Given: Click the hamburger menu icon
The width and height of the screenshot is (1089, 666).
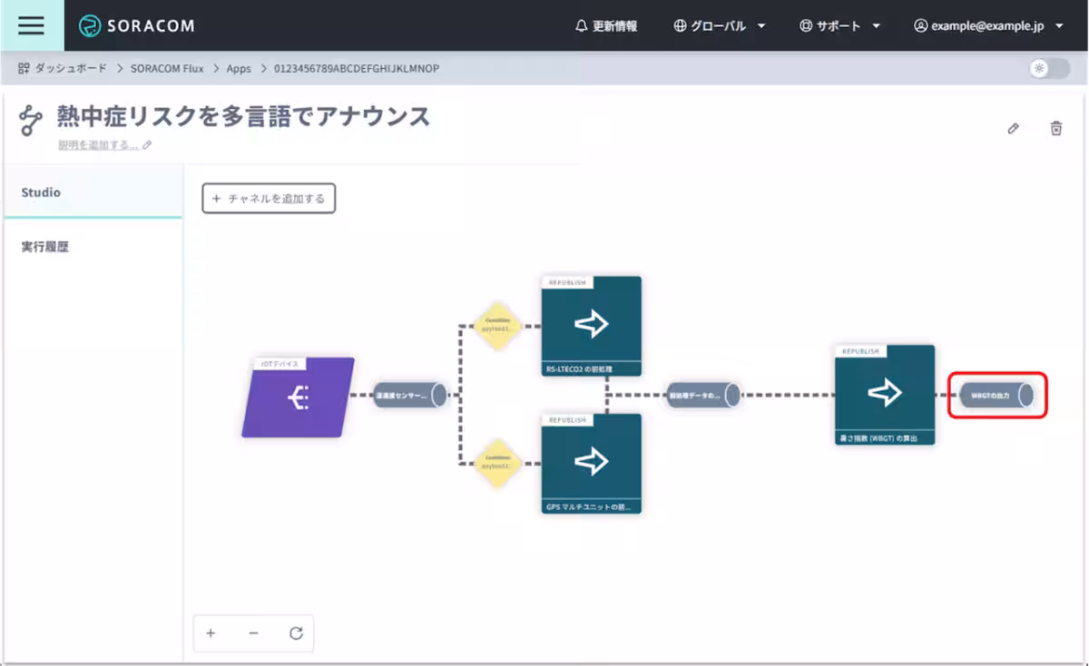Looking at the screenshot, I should (31, 25).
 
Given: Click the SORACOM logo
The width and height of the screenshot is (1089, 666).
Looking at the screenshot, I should (137, 26).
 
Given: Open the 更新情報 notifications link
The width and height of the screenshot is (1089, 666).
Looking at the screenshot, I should (606, 26).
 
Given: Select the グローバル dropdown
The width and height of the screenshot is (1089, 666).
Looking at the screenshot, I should (720, 26).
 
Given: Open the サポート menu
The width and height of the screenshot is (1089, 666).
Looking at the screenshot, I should (839, 26).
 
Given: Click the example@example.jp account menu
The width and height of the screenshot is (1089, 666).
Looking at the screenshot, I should (988, 26).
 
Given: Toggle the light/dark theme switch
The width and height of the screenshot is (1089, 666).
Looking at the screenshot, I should (1048, 68).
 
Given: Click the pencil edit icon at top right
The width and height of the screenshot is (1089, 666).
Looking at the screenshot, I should (1013, 129).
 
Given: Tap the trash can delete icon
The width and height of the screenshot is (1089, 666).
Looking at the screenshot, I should (1056, 129).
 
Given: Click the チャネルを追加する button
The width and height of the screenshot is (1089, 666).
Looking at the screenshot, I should (269, 198).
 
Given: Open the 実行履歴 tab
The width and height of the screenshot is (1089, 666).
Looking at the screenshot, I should (45, 246).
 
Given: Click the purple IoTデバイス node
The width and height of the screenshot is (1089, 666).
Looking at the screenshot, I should (298, 397).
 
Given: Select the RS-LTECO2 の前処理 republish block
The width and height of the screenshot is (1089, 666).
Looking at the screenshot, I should (592, 325).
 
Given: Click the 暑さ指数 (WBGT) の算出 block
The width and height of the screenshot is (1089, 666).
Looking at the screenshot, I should (885, 394).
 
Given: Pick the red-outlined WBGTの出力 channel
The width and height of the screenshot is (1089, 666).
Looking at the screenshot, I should (997, 396).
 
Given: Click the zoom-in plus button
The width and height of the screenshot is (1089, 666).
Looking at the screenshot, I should (211, 633).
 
